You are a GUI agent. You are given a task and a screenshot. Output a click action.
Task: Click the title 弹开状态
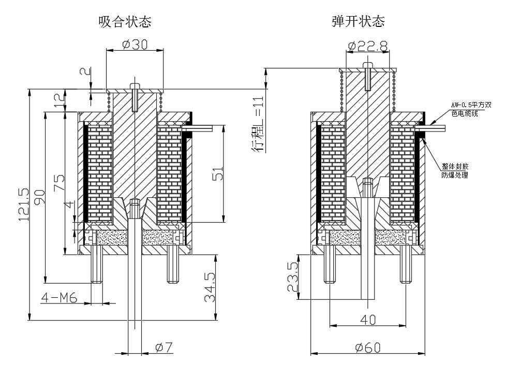point(358,22)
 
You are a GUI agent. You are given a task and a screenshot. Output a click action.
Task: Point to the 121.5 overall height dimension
point(24,205)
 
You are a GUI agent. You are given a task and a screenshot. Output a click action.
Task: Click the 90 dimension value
point(40,197)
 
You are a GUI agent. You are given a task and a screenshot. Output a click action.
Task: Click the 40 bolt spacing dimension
point(367,320)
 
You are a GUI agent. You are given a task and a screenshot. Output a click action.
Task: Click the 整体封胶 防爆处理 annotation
point(454,171)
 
